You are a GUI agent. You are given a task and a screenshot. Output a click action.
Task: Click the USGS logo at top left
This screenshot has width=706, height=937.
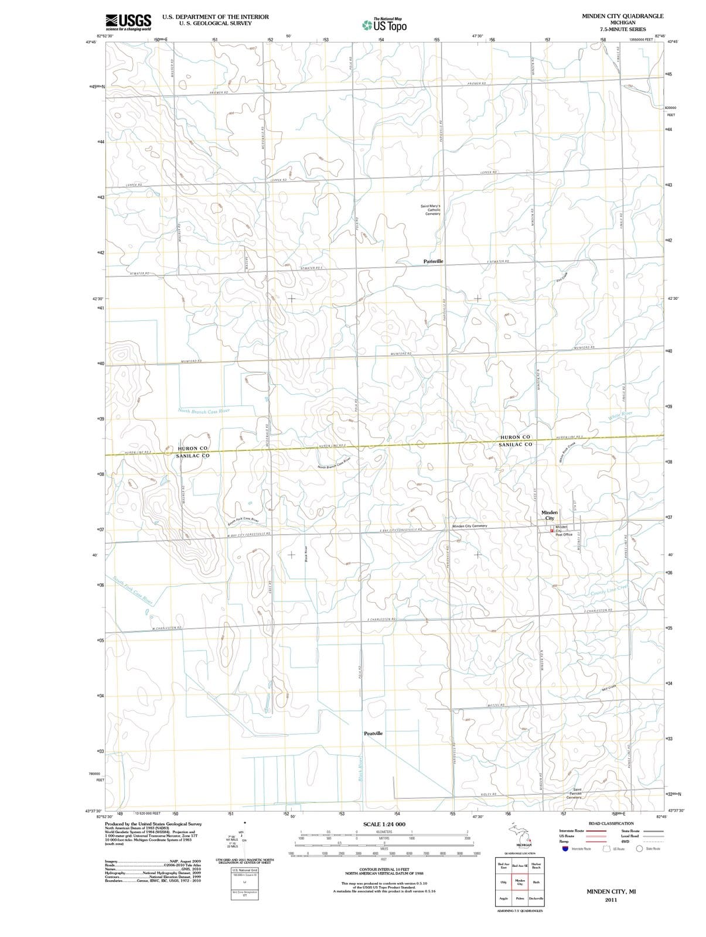[x=128, y=21]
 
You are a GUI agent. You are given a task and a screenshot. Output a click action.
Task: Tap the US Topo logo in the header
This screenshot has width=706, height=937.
[x=383, y=25]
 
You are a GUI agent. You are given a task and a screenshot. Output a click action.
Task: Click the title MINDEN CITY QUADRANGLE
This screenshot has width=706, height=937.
[x=622, y=16]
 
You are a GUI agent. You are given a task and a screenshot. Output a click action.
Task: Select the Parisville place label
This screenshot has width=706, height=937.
[x=433, y=261]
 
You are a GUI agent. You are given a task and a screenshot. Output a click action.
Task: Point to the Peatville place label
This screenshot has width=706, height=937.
[x=373, y=733]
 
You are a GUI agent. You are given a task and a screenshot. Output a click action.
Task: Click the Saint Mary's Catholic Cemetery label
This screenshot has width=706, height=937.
[x=431, y=210]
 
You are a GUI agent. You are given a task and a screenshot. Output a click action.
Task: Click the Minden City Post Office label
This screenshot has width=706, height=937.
[x=563, y=531]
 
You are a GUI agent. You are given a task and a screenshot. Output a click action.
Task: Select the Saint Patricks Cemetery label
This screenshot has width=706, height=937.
[x=574, y=794]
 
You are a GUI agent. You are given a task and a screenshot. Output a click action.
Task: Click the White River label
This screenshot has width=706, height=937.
[x=620, y=416]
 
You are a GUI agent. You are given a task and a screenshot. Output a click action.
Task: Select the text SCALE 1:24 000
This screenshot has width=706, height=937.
[x=384, y=825]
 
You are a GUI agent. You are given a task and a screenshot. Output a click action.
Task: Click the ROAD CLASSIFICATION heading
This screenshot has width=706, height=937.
[x=611, y=823]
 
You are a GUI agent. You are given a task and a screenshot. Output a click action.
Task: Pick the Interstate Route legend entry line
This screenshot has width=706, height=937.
[x=596, y=830]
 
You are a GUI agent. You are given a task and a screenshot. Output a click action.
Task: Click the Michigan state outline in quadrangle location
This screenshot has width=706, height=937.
[x=520, y=835]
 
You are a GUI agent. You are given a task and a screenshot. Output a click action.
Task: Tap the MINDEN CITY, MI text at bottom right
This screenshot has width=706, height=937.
[x=611, y=891]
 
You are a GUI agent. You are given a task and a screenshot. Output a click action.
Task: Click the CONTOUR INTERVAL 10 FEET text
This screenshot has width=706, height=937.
[x=384, y=869]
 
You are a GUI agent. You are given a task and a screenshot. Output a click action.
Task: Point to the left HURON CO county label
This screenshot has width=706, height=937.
[x=193, y=448]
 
